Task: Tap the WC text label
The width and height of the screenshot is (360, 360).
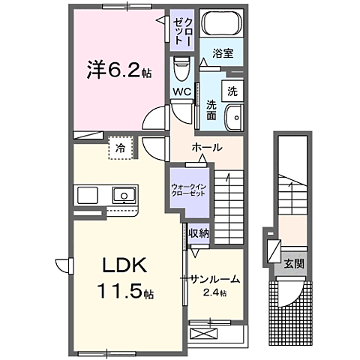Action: pos(181,91)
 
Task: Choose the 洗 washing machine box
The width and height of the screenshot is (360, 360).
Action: pos(232,91)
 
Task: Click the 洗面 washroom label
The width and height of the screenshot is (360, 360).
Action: pos(212,109)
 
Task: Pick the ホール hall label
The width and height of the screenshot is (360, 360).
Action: pos(206,147)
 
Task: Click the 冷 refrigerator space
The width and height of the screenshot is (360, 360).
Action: pos(120,148)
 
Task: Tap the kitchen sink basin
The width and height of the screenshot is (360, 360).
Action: pos(121,196)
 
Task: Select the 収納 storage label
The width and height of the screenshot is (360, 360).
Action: pos(199,233)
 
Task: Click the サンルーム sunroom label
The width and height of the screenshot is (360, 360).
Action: pos(214,279)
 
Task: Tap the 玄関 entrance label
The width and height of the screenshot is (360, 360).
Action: pos(292,263)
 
